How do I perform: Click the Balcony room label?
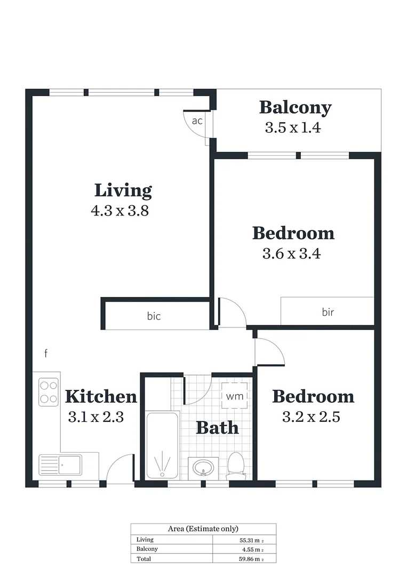click(x=295, y=108)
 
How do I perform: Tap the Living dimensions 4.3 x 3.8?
click(x=119, y=211)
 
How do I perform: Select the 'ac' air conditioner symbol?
click(x=197, y=121)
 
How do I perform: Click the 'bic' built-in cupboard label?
click(x=154, y=316)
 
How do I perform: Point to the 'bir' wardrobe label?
click(x=328, y=312)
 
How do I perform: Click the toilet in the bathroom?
click(x=236, y=464)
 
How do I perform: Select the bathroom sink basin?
click(x=203, y=468)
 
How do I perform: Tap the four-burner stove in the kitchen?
click(x=49, y=391)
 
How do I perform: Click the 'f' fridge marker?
click(x=46, y=353)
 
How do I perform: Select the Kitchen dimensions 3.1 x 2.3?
click(x=96, y=417)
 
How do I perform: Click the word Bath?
click(x=217, y=427)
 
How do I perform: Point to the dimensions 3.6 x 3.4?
click(x=291, y=254)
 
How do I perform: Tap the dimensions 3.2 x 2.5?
click(x=311, y=417)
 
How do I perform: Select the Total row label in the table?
click(x=143, y=558)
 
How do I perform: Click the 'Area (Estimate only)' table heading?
click(x=203, y=529)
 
